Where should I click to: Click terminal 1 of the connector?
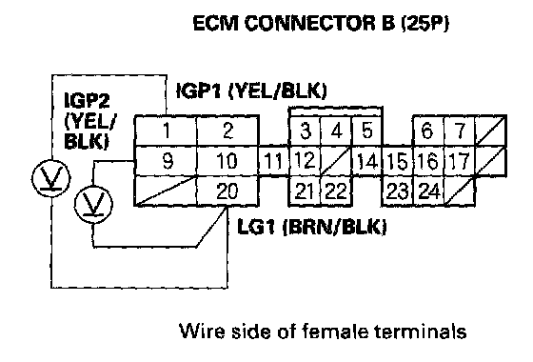tap(166, 131)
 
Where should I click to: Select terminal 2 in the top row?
tap(227, 131)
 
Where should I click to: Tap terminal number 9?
tap(166, 161)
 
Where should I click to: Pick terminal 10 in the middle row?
tap(227, 161)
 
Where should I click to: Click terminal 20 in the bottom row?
tap(227, 191)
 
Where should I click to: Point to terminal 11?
tap(274, 161)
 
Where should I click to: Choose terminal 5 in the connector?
tap(366, 131)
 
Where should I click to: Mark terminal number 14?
tap(366, 161)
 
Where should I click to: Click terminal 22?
tap(336, 191)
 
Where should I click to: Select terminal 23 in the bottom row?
tap(397, 191)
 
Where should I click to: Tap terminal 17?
tap(459, 161)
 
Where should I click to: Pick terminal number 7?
tap(459, 131)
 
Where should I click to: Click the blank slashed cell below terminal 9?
tap(166, 191)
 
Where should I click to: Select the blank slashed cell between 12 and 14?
tap(336, 161)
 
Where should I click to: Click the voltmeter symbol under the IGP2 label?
tap(51, 178)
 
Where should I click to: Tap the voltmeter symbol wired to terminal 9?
tap(93, 205)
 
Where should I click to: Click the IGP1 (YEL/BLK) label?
tap(251, 90)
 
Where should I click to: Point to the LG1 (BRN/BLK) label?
tap(312, 227)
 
